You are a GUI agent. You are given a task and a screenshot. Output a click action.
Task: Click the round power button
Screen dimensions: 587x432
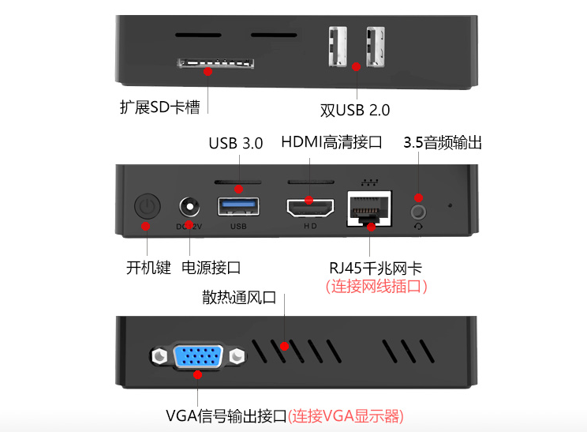pos(148,205)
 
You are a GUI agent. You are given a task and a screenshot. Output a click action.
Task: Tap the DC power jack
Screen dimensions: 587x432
pos(189,206)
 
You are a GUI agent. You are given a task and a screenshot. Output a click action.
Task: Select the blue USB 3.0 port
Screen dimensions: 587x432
pos(238,206)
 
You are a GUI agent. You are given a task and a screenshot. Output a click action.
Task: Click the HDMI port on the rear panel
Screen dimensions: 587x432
pos(310,208)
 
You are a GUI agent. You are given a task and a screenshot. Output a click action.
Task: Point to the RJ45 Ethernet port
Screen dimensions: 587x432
pos(369,208)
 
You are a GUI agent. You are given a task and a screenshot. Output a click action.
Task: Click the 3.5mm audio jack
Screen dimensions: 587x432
pos(418,212)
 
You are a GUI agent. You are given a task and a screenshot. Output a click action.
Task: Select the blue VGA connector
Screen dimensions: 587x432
pos(198,355)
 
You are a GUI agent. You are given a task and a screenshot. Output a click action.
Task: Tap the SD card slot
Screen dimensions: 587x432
pos(215,63)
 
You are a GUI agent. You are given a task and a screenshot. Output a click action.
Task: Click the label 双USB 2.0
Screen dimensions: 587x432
pos(355,110)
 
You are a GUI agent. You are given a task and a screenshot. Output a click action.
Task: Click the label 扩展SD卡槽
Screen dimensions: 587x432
pos(160,107)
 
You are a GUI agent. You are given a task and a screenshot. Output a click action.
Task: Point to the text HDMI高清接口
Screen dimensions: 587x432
pos(331,142)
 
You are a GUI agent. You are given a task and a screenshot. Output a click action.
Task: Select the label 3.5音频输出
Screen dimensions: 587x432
pos(443,143)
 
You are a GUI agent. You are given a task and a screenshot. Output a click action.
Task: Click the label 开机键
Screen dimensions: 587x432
pos(148,268)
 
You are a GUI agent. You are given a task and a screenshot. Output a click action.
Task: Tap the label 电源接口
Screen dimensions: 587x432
pos(211,268)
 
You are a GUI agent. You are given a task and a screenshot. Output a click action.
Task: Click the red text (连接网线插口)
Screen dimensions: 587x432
pos(376,286)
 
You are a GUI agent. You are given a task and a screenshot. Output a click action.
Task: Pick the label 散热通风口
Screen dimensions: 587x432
pos(239,298)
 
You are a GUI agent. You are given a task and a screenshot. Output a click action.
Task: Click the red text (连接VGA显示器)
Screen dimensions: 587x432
pos(346,416)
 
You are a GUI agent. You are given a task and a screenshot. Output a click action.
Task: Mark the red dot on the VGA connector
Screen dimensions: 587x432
pos(198,374)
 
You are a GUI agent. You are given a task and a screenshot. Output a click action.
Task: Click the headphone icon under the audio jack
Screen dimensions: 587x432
pos(418,227)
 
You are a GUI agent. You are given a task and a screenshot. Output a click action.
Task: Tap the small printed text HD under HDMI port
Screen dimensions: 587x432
pos(310,226)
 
